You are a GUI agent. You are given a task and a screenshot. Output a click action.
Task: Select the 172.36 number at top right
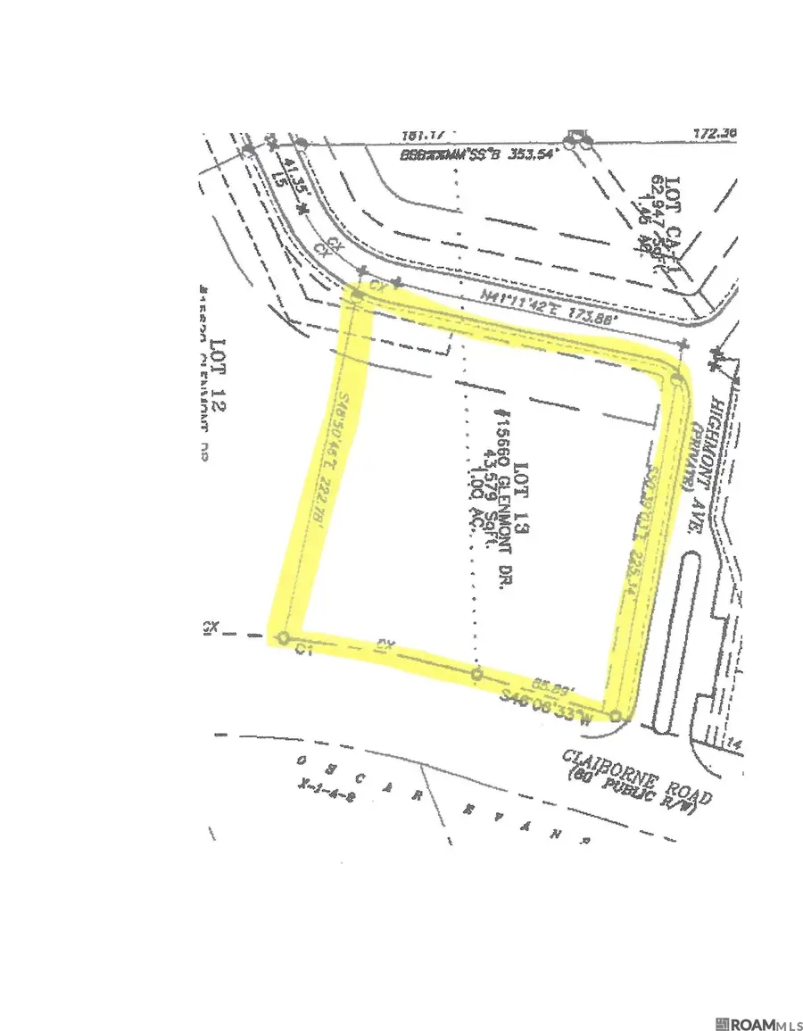click(x=716, y=134)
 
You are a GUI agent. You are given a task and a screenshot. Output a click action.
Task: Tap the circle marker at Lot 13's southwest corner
click(x=283, y=637)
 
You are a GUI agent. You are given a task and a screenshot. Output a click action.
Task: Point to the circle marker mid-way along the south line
click(x=476, y=675)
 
